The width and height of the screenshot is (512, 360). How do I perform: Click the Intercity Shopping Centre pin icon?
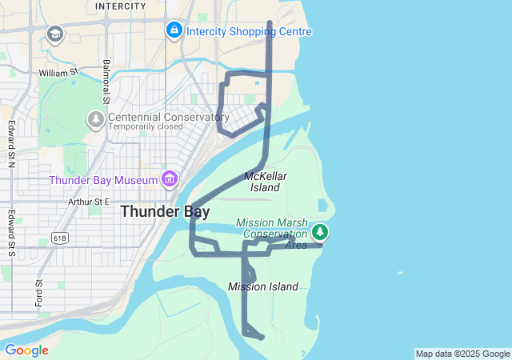tap(174, 30)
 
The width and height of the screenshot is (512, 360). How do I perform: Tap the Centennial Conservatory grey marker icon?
tap(96, 119)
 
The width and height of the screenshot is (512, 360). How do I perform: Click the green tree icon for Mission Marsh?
tap(321, 232)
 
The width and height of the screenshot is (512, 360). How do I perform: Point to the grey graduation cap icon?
tap(54, 34)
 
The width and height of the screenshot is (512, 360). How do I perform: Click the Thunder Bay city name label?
tap(165, 212)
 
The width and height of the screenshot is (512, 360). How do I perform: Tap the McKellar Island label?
tap(265, 182)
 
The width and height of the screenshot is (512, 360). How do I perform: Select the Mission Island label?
tap(262, 286)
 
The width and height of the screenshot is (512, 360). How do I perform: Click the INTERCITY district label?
tap(121, 6)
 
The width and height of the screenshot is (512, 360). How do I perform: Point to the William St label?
tap(58, 73)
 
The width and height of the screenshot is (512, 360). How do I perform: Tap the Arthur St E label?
tap(88, 202)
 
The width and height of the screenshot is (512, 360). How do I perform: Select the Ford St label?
tap(38, 294)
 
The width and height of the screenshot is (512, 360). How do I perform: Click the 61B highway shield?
tap(58, 238)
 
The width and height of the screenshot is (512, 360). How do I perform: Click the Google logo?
tap(26, 350)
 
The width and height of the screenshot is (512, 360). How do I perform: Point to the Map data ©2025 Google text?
tap(462, 354)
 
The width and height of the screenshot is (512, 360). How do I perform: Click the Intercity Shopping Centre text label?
tap(248, 31)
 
